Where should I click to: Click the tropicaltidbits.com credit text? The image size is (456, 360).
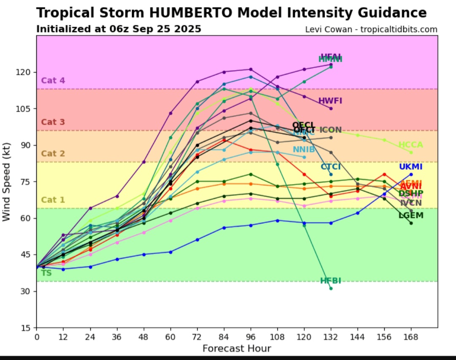point(399,30)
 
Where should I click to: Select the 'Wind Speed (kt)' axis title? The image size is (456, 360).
point(6,181)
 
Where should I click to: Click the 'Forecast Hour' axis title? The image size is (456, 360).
point(236,349)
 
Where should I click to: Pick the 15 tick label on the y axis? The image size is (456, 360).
point(27,328)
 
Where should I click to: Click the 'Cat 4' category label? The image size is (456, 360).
point(53,81)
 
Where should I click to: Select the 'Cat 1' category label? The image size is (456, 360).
point(53,200)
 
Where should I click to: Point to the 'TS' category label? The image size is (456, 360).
point(46,273)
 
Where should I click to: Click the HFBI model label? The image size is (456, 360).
point(330,281)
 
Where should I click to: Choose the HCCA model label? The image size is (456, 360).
point(410,145)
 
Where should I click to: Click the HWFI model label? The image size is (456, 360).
point(330,101)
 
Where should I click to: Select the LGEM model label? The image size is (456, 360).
point(411,215)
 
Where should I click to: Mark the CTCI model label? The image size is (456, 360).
point(330,167)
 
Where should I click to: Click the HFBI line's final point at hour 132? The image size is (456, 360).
point(331,289)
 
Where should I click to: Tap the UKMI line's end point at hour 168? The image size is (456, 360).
point(411,174)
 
